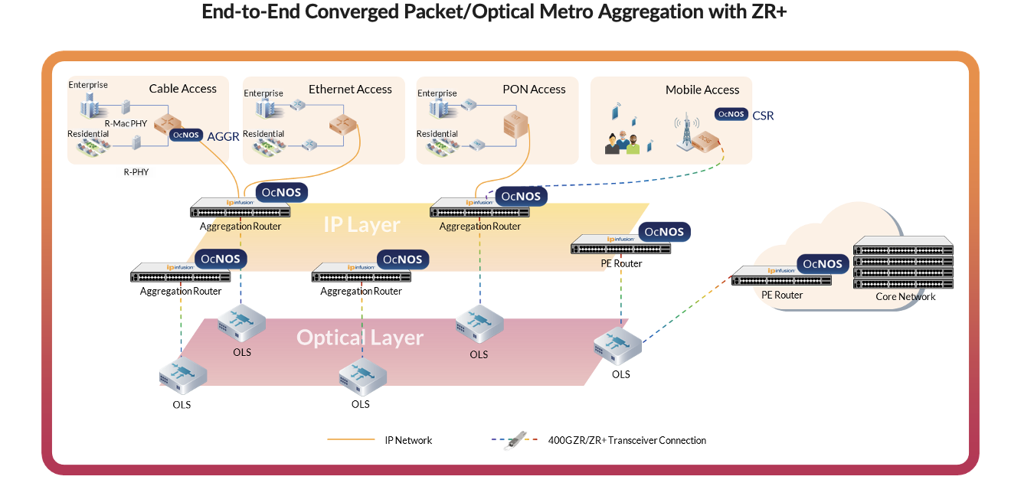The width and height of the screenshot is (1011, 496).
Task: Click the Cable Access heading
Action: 182,89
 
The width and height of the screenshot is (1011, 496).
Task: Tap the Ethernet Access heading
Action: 350,90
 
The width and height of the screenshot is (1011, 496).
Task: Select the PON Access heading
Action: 534,90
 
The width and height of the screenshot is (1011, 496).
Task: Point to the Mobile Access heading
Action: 702,90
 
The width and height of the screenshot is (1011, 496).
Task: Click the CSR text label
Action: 763,116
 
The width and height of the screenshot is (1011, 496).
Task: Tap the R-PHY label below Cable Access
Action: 136,172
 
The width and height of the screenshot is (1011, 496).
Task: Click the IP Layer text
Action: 362,224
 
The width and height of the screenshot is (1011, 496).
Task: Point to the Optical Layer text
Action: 360,338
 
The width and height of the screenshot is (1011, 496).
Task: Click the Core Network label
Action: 905,297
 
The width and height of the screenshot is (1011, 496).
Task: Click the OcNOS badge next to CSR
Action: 731,114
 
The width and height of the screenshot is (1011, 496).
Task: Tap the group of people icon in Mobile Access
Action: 622,143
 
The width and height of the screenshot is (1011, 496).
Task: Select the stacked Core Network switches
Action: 904,263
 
